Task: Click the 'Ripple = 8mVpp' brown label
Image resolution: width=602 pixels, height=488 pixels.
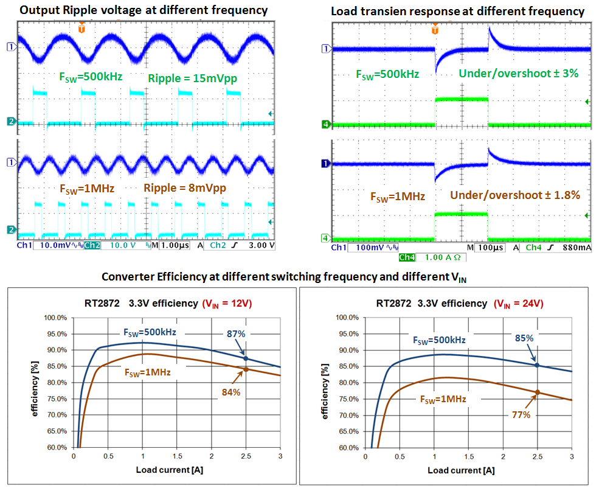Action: point(185,188)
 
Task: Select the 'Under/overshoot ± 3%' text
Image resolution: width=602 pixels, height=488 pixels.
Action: point(518,74)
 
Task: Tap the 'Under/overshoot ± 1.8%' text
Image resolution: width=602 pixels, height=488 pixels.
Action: point(515,195)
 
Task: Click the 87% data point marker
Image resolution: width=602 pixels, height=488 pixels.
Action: point(246,358)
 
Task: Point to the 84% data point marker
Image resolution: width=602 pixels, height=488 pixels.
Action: point(246,369)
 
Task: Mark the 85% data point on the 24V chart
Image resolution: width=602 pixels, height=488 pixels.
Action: point(537,365)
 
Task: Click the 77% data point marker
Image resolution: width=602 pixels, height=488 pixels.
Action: point(537,392)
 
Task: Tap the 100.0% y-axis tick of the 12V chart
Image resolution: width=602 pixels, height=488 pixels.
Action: point(55,318)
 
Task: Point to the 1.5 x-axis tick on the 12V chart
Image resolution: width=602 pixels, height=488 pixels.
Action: point(176,456)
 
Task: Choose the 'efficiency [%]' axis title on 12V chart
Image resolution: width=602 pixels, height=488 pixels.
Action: point(35,384)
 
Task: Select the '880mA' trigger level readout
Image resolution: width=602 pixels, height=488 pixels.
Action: point(575,248)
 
